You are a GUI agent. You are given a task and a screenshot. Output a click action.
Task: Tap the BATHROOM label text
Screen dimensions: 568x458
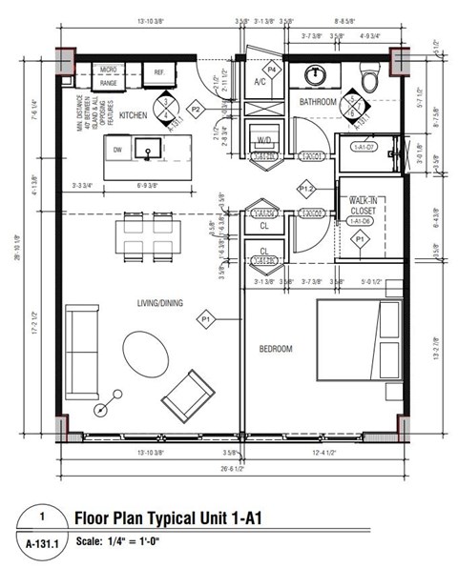[321, 99]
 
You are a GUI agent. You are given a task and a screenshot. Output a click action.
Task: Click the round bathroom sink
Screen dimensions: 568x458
[317, 74]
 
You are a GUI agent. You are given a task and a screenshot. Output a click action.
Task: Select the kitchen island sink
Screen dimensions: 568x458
[148, 150]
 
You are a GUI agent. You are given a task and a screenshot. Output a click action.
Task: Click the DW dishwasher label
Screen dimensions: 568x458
[117, 150]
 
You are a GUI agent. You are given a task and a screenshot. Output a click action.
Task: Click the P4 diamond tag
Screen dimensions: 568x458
[272, 69]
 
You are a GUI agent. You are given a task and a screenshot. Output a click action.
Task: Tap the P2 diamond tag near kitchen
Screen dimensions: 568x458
[197, 110]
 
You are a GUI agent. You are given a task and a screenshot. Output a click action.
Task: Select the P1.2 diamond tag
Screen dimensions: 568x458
[307, 190]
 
